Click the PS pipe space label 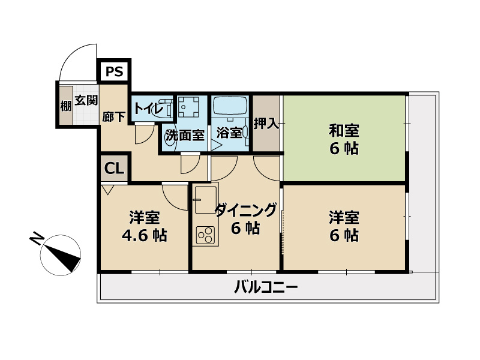pos(114,72)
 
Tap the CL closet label pos(114,169)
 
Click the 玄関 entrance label pos(86,100)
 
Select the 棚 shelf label pos(65,107)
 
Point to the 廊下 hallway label pos(114,116)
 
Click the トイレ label pos(148,109)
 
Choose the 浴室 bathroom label pos(229,133)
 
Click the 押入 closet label pos(266,124)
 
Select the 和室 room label pos(344,130)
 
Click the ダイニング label pos(245,211)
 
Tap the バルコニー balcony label pos(265,287)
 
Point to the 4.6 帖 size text pos(144,235)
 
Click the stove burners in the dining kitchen pos(205,235)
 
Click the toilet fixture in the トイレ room pos(169,109)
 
